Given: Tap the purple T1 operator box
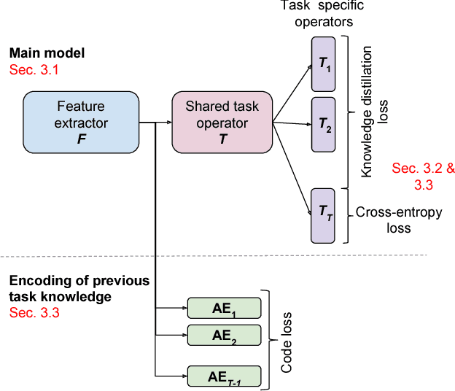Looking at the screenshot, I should point(323,63).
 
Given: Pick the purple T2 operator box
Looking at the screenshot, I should point(323,124).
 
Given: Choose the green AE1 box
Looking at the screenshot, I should point(224,309).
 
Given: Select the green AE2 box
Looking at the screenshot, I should point(224,336).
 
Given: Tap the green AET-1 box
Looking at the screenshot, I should point(224,376).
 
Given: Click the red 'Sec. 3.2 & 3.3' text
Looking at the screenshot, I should point(423,177).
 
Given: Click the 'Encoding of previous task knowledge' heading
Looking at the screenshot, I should point(78,289).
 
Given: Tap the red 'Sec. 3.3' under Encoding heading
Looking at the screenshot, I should point(34,313).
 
